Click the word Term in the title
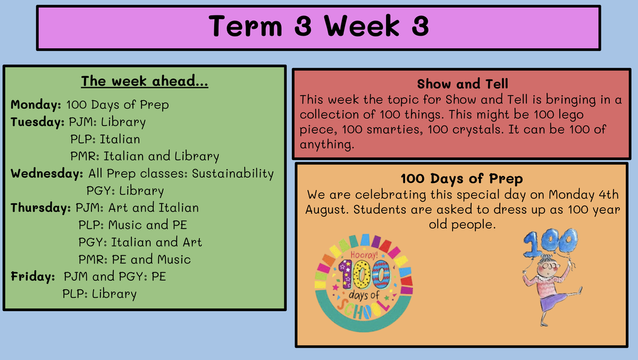246,26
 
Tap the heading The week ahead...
145,81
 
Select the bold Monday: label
36,105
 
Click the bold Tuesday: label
37,122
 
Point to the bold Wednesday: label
47,173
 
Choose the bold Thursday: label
40,208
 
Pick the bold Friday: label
33,277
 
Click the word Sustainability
233,174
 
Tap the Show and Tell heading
462,83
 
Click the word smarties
394,130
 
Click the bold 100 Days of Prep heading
461,179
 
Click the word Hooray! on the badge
364,254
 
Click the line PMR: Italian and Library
145,156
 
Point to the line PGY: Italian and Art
140,242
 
